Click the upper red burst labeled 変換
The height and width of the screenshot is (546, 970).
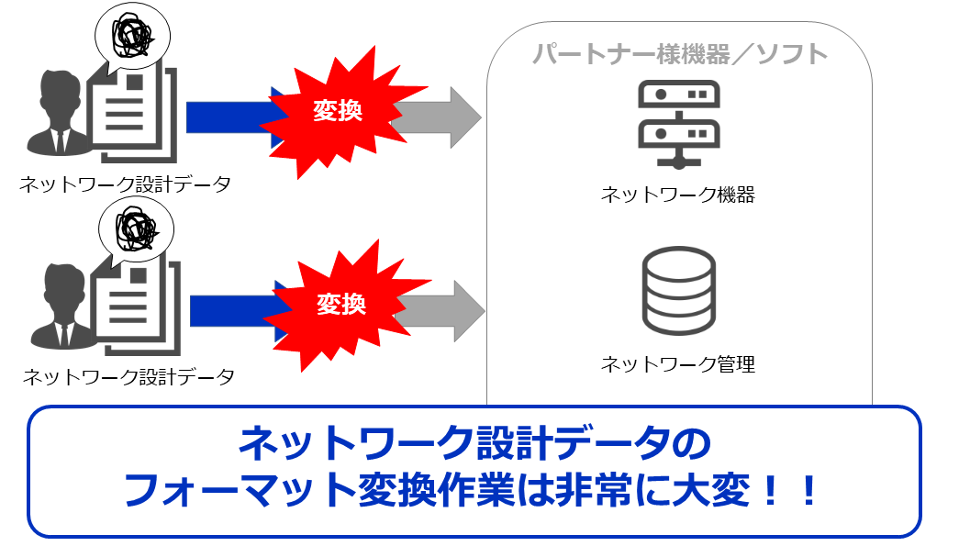coord(337,112)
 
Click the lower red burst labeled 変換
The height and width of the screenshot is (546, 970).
coord(340,304)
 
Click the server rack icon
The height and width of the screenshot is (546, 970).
coord(679,124)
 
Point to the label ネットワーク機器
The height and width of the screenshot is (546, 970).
coord(678,194)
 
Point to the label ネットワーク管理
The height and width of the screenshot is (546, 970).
coord(678,364)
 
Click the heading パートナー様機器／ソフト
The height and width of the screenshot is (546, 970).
coord(680,54)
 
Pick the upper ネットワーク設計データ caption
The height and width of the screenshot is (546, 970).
coord(125,184)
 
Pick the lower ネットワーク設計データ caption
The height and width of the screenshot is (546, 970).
coord(128,376)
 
